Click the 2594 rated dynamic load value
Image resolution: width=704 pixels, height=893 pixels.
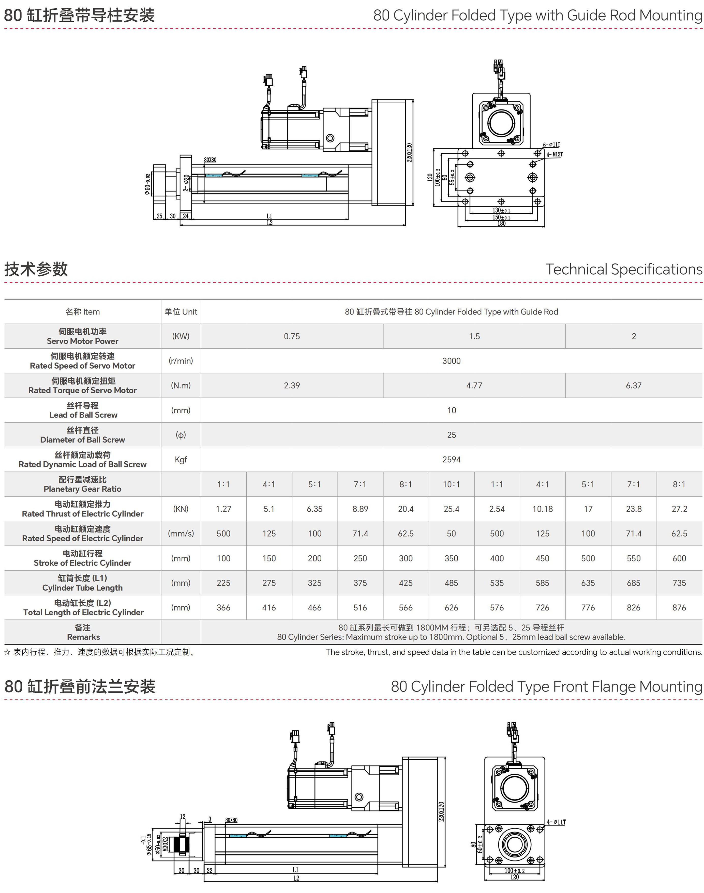pyautogui.click(x=451, y=460)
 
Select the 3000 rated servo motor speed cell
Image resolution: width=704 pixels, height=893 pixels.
pyautogui.click(x=451, y=361)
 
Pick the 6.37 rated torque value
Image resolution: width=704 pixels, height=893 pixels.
pyautogui.click(x=634, y=386)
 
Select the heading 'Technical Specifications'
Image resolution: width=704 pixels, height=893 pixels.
pyautogui.click(x=624, y=269)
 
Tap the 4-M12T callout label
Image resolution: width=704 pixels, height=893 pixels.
pyautogui.click(x=555, y=154)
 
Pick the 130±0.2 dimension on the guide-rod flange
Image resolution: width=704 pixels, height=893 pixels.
pyautogui.click(x=501, y=210)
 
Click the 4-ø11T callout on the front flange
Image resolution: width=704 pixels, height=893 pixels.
pyautogui.click(x=557, y=822)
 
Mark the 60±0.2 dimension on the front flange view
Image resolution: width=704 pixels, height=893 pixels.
pyautogui.click(x=480, y=844)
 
